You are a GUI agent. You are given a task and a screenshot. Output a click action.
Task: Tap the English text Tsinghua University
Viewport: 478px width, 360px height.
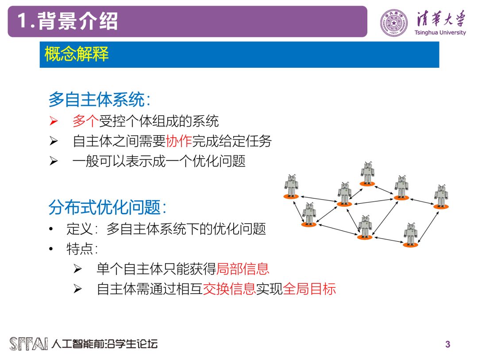(x=440, y=32)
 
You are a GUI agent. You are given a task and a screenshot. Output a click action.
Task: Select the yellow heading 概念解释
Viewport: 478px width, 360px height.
(x=77, y=54)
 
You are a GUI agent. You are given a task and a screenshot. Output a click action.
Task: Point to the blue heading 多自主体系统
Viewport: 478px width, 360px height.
(x=97, y=100)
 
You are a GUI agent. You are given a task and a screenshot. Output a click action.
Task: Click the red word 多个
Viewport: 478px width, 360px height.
(x=85, y=121)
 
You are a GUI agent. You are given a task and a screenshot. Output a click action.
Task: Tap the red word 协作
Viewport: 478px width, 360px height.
(x=179, y=141)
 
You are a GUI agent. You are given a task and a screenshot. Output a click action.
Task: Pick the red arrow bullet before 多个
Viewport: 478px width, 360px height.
(x=54, y=121)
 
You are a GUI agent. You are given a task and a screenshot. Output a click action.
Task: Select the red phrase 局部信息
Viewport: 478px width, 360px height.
(x=243, y=268)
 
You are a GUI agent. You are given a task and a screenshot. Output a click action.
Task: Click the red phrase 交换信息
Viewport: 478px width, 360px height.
(x=229, y=289)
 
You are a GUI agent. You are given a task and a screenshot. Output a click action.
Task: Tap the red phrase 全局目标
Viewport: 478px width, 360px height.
(x=309, y=289)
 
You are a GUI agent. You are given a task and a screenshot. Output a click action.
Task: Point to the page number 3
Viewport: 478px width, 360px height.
(x=447, y=344)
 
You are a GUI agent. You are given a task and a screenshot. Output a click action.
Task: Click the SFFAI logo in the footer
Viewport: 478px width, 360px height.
(x=29, y=344)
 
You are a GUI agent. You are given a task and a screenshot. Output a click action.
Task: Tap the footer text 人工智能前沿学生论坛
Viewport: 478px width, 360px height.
(x=104, y=344)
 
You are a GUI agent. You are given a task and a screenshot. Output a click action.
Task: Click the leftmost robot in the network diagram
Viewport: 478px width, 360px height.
(x=291, y=186)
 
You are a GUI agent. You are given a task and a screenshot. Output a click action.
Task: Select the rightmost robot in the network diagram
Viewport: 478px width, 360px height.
(x=441, y=196)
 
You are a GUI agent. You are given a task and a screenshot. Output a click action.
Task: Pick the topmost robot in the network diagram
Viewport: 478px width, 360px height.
(x=367, y=173)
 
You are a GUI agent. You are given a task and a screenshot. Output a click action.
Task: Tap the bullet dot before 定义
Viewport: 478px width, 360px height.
(x=51, y=229)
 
